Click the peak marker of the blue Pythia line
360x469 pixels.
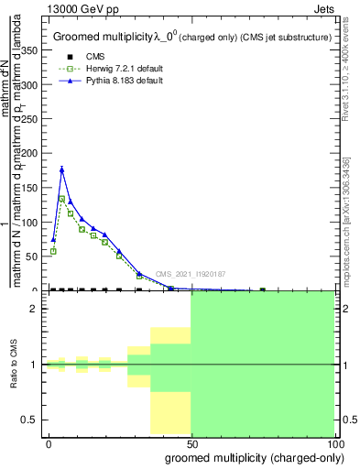61,169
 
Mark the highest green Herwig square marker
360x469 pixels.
61,198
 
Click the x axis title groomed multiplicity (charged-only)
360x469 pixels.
250,457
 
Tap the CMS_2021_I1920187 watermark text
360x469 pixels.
190,274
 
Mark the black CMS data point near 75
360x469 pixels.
262,289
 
